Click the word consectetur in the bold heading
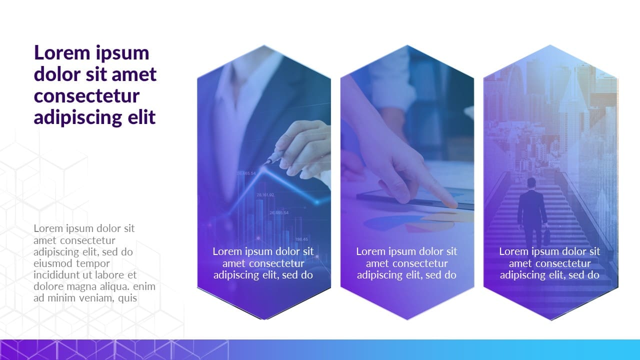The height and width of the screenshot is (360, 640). [x=86, y=95]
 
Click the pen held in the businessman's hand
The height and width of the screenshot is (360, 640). [x=273, y=158]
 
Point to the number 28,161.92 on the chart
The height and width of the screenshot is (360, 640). [x=265, y=195]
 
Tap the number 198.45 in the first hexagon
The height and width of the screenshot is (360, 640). [x=301, y=239]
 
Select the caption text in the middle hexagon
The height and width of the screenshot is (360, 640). [x=406, y=263]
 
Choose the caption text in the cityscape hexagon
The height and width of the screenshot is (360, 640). [x=549, y=263]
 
